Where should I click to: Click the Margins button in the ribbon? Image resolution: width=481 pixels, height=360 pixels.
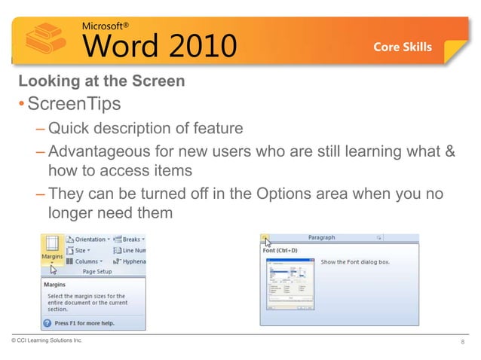pyautogui.click(x=51, y=249)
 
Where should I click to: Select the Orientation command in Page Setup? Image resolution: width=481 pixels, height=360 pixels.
pyautogui.click(x=90, y=239)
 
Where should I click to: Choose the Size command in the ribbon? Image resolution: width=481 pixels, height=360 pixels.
pyautogui.click(x=80, y=250)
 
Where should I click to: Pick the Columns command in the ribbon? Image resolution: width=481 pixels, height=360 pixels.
pyautogui.click(x=87, y=261)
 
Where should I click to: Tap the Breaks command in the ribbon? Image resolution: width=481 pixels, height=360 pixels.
pyautogui.click(x=130, y=239)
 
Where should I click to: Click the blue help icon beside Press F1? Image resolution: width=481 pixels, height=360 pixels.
pyautogui.click(x=48, y=322)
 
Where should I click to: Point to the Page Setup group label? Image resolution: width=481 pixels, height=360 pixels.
pyautogui.click(x=97, y=271)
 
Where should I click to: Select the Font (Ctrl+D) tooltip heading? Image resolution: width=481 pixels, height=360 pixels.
pyautogui.click(x=281, y=250)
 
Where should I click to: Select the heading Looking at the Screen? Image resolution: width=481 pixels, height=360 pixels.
pyautogui.click(x=102, y=81)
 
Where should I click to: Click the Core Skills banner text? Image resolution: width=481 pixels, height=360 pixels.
pyautogui.click(x=403, y=47)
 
